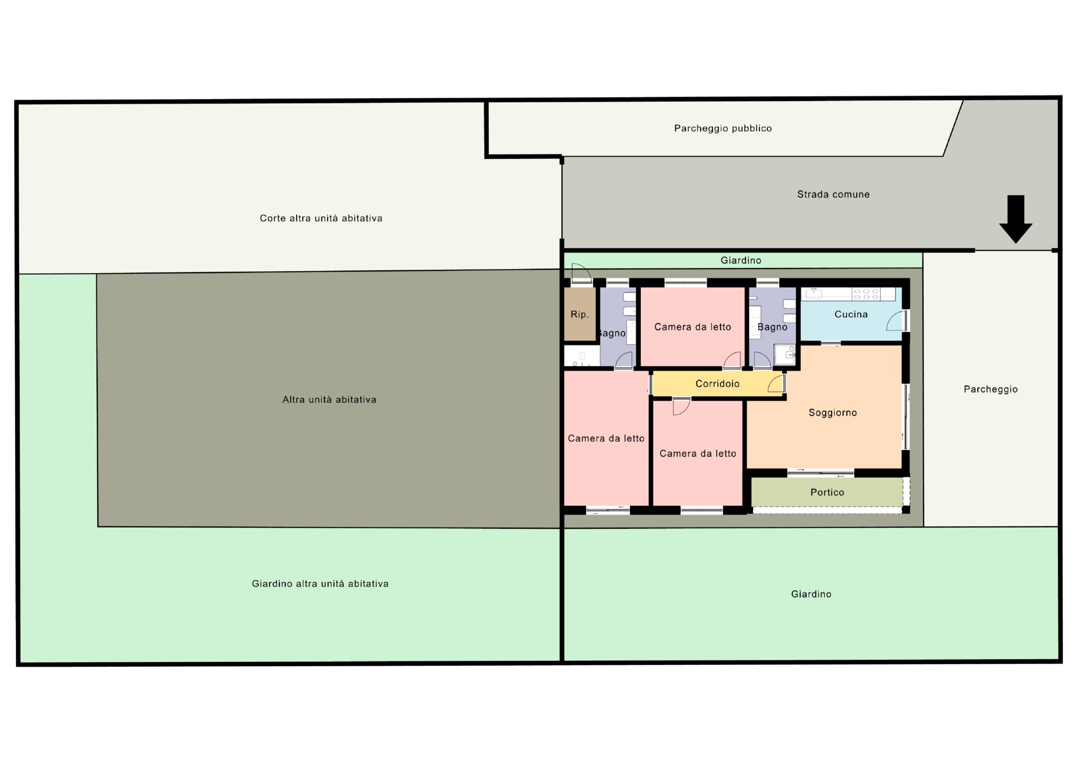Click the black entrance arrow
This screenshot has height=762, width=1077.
pos(1016,219)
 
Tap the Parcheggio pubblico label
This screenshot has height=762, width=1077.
pos(723,128)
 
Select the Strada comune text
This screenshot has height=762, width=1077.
pos(833,194)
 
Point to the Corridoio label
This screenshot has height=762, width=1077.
pos(717,384)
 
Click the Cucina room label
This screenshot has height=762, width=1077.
pos(851,314)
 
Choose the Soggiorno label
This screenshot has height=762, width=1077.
pos(833,413)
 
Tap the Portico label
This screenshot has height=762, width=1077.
pos(827,492)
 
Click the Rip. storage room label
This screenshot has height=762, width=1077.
pos(579,314)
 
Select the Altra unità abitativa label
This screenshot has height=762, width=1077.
pos(329,400)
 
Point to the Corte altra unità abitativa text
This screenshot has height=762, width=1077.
pos(321,218)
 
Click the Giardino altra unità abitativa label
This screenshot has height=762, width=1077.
pos(320,583)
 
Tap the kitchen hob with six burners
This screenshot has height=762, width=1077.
pos(866,294)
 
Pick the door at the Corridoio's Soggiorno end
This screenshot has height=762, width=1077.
pos(777,384)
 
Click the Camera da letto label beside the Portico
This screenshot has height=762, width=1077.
pos(698,453)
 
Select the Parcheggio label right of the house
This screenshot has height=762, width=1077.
pos(991,389)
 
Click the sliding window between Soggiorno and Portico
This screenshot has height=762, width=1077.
pos(820,473)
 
